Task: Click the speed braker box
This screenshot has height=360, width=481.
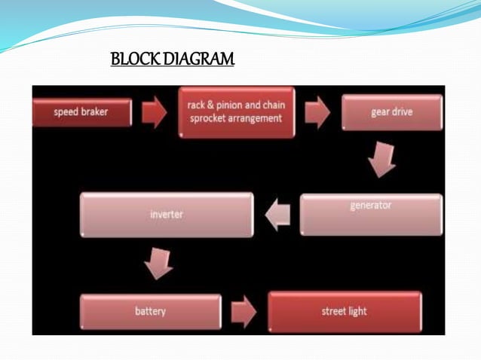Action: click(82, 112)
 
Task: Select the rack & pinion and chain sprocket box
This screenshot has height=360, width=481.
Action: click(236, 112)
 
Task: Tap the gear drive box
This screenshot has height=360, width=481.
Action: click(391, 112)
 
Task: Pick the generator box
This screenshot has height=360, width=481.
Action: click(371, 215)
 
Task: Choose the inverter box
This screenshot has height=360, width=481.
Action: click(167, 215)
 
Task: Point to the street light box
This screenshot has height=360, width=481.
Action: click(344, 310)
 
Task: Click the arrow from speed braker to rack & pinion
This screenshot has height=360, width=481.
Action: click(155, 112)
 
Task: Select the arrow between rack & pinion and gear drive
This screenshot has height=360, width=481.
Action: click(317, 112)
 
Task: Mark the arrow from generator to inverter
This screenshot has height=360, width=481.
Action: click(277, 215)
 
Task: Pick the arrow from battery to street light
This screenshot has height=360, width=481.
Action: click(244, 311)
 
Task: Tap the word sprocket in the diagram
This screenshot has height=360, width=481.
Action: click(210, 118)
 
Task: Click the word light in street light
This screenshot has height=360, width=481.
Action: click(356, 311)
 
